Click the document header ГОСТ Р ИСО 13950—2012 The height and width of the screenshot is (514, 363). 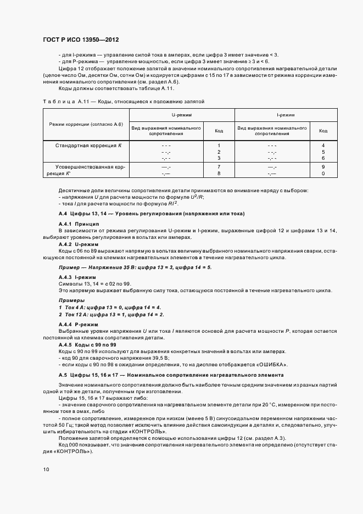click(81, 40)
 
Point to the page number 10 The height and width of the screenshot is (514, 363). click(46, 469)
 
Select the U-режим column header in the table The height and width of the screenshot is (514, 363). click(181, 115)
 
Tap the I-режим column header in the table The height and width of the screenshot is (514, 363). click(286, 115)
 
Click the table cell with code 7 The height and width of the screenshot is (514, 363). click(219, 166)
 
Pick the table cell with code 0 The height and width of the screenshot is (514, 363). click(323, 173)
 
